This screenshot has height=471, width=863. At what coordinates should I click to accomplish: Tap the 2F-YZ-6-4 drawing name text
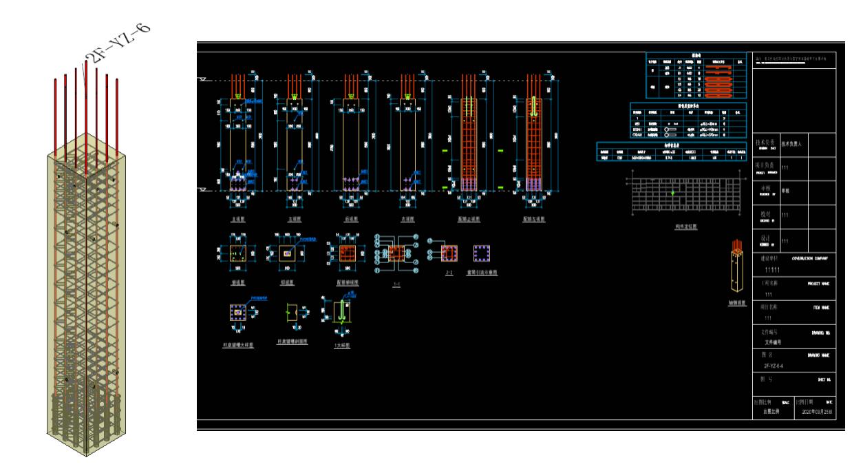pos(773,366)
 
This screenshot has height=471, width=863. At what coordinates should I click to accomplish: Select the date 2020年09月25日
pos(817,412)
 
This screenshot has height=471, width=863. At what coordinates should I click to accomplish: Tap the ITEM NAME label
pos(822,307)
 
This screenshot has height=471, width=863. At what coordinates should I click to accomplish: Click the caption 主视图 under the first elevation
pos(238,219)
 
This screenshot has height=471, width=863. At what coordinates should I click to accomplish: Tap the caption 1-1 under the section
pos(396,282)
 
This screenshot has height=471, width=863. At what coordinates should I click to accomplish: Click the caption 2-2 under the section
pos(449,273)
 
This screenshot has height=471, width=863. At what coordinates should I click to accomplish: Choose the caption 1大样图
pos(342,346)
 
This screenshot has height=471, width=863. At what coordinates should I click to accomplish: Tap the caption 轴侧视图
pos(737,302)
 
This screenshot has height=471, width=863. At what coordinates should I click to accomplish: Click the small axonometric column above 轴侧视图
pos(737,269)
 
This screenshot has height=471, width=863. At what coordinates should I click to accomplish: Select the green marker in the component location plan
pos(672,193)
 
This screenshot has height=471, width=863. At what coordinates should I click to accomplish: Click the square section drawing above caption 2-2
pos(449,253)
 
